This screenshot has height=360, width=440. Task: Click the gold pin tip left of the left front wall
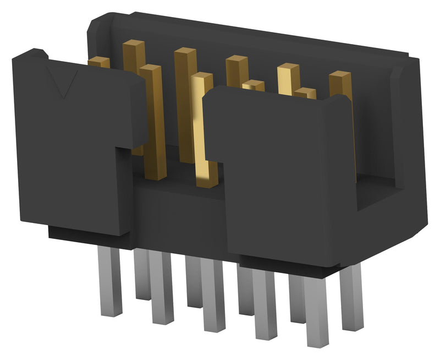(x=99, y=62)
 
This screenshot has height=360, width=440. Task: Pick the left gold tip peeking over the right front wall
(x=253, y=85)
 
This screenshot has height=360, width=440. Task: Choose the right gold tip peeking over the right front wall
(x=304, y=92)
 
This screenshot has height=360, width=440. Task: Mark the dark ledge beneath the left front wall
(x=88, y=234)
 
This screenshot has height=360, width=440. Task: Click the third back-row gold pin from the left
(x=235, y=72)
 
